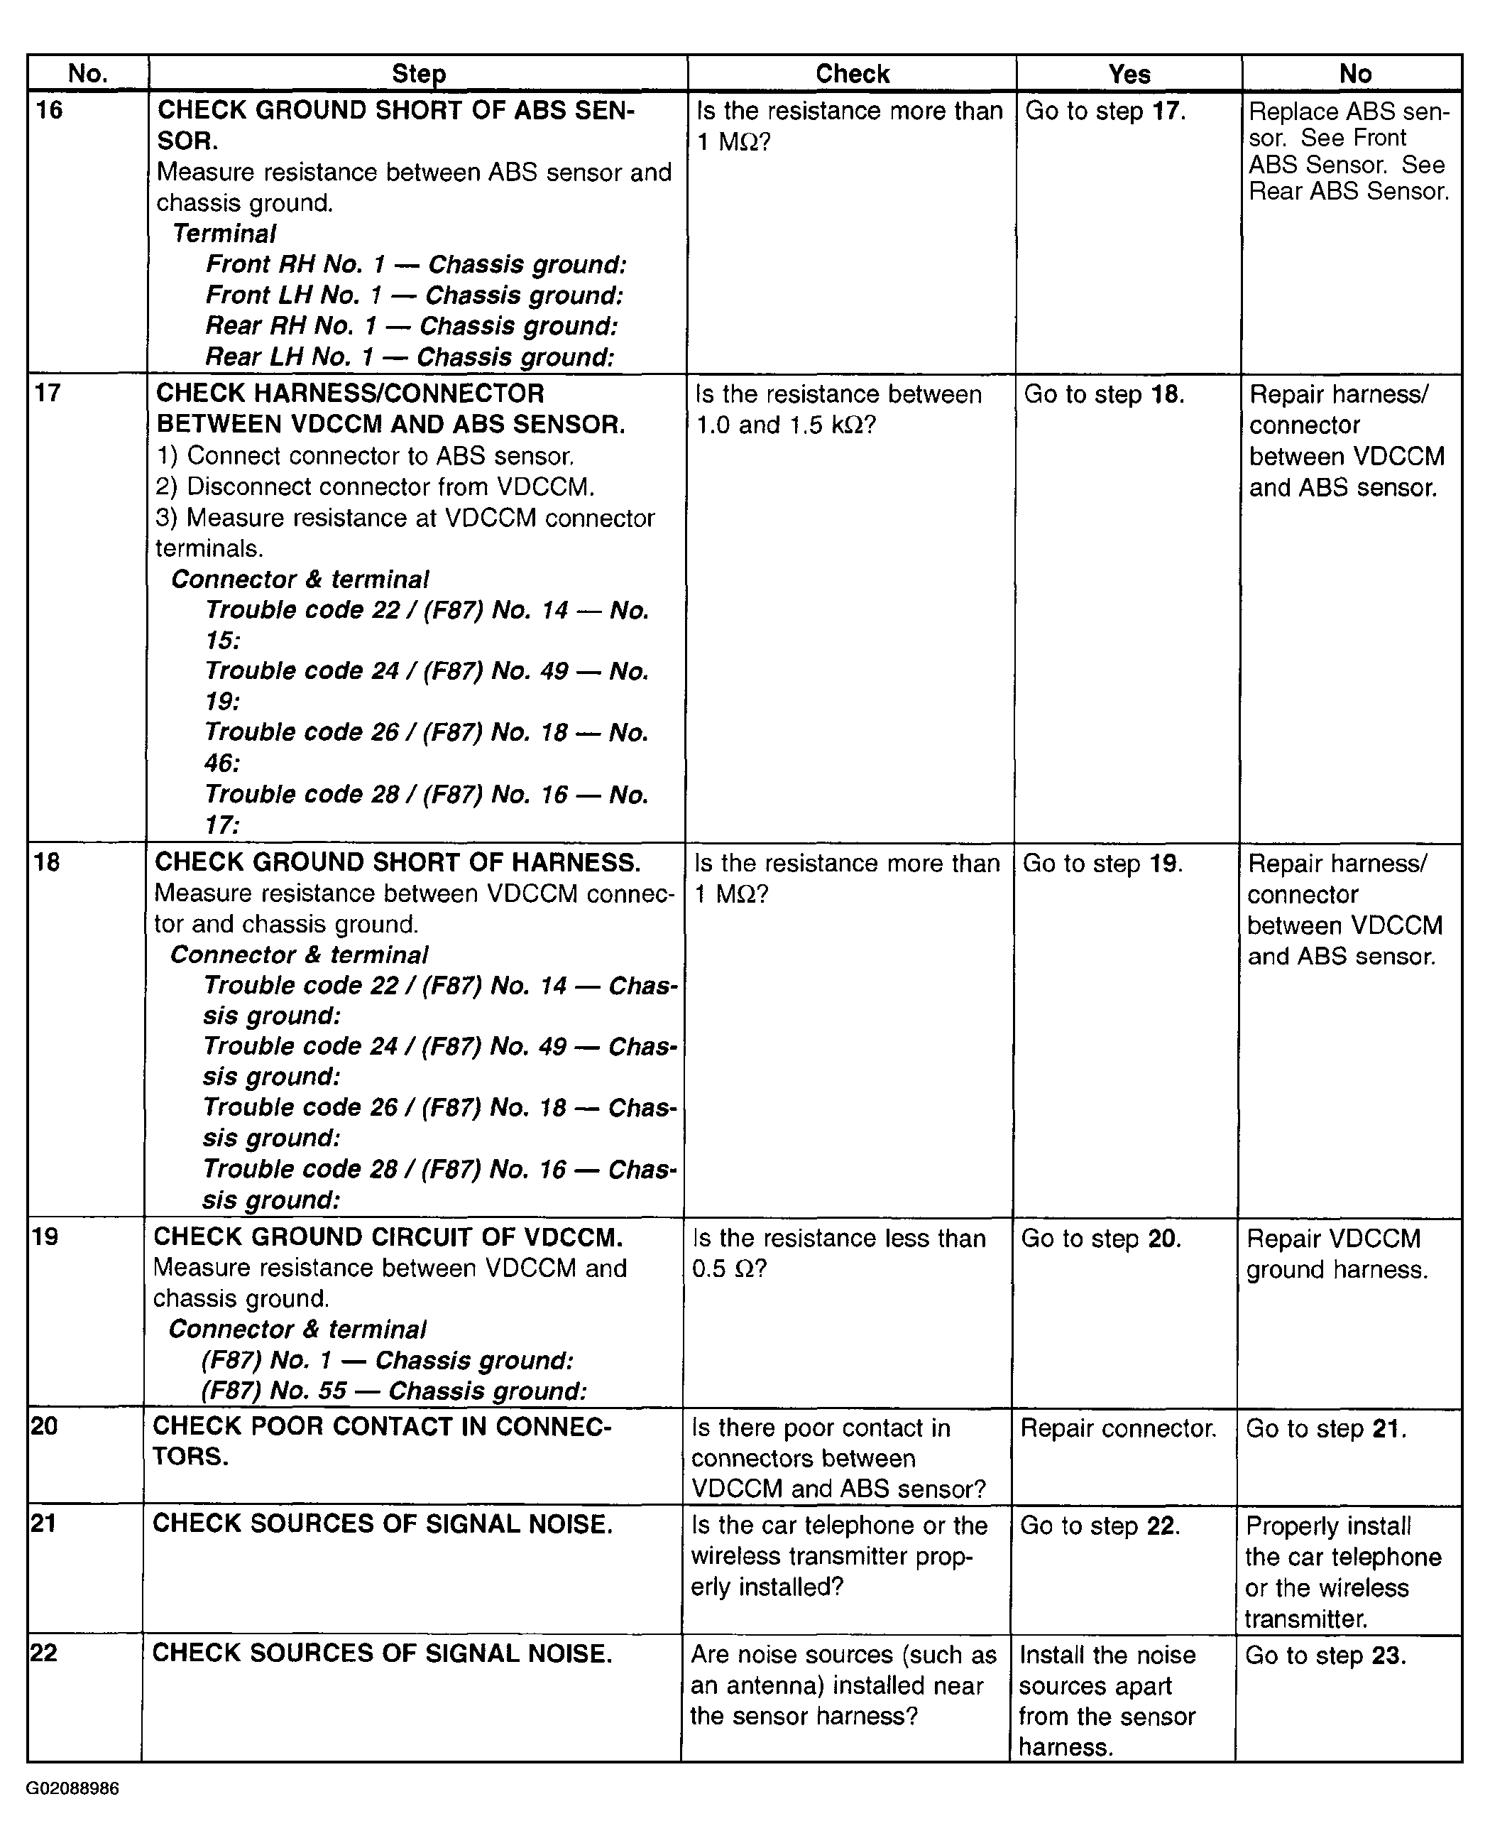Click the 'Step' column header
[x=418, y=74]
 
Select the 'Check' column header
[x=851, y=74]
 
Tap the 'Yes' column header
[x=1128, y=74]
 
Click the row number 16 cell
[x=50, y=111]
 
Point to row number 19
[x=45, y=1236]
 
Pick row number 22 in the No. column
[x=44, y=1653]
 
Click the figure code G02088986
[x=73, y=1789]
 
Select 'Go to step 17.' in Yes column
[x=1105, y=112]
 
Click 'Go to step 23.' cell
[x=1325, y=1655]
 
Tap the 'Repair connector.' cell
[x=1117, y=1428]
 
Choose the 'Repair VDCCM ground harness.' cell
[x=1337, y=1254]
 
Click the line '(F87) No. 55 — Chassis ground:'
[x=394, y=1391]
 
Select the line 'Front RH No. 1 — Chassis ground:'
[x=416, y=264]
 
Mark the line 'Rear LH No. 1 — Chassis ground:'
[x=410, y=357]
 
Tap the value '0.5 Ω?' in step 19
[x=729, y=1269]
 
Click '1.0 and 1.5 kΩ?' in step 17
[x=785, y=426]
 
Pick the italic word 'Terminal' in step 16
[x=224, y=234]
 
